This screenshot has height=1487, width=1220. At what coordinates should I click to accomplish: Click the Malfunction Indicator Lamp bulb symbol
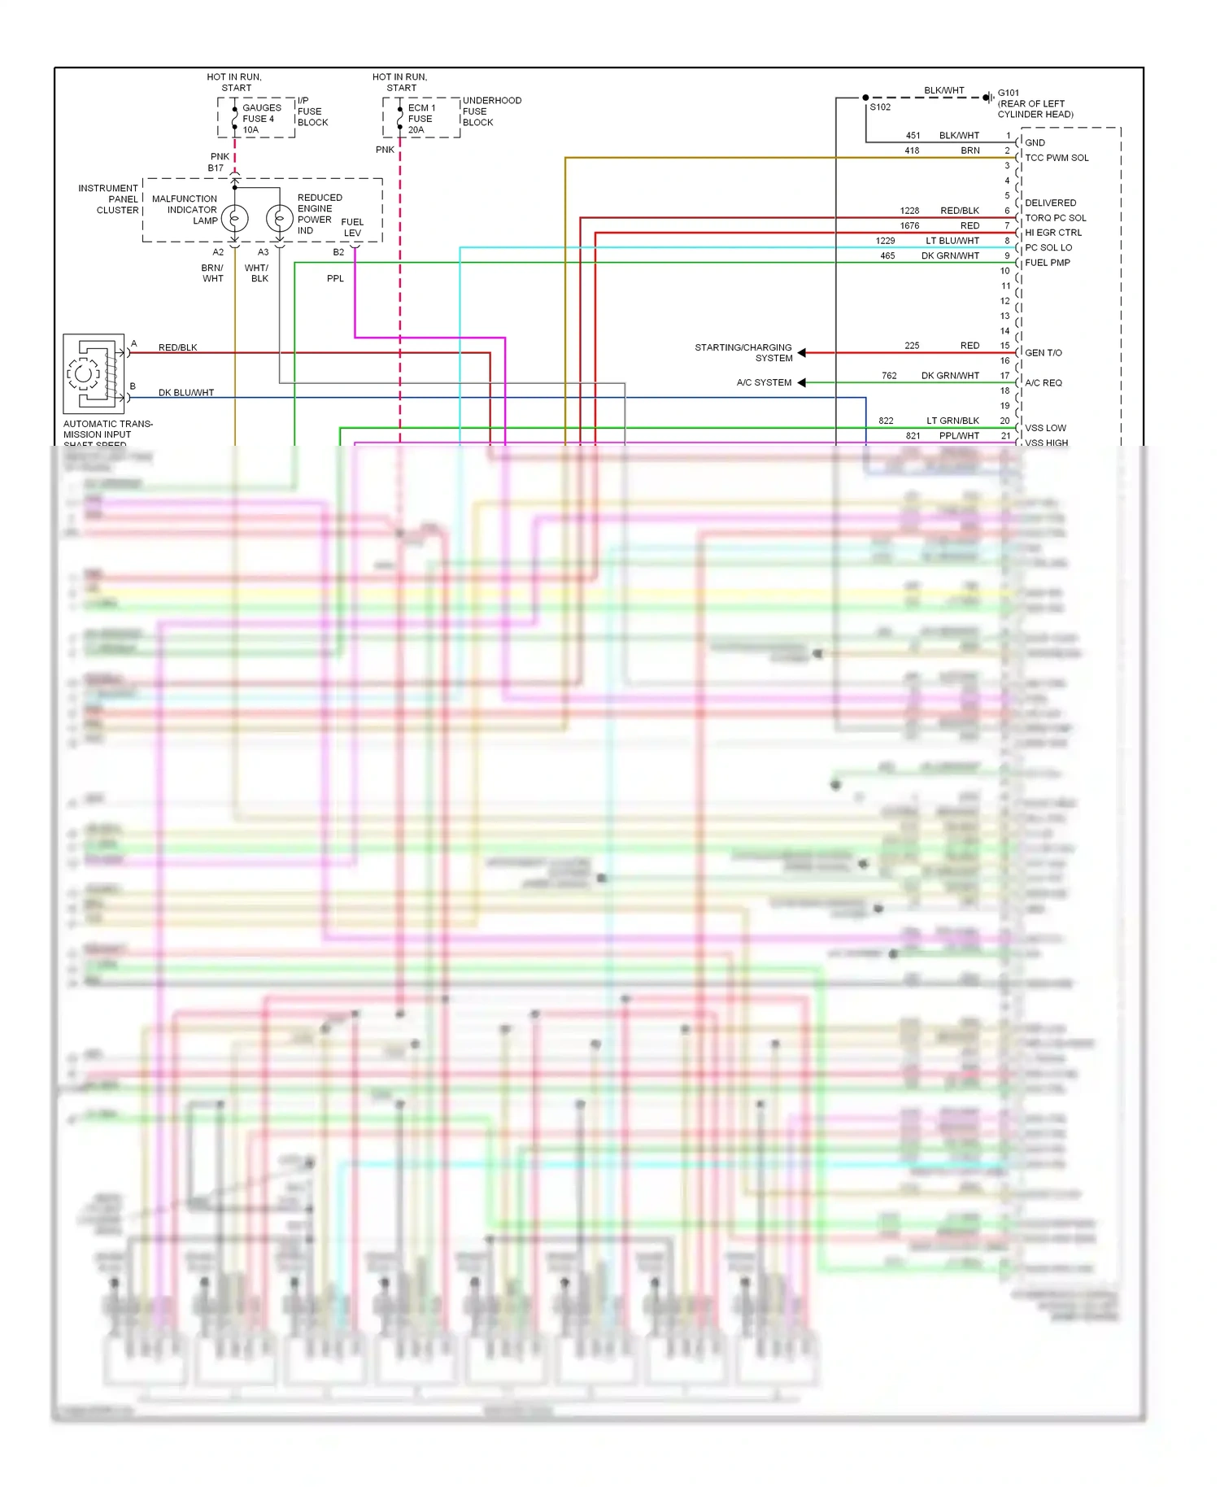[234, 219]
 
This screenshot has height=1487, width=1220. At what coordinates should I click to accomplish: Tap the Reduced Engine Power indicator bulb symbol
[279, 219]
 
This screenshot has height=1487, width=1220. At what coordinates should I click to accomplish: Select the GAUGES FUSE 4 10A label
[261, 119]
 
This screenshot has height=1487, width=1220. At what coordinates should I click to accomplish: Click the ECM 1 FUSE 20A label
[421, 119]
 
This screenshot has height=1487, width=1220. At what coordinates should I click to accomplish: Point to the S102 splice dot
[865, 98]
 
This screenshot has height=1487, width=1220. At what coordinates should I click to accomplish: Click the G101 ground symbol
[987, 98]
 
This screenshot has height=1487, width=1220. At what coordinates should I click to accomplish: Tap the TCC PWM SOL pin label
[1056, 158]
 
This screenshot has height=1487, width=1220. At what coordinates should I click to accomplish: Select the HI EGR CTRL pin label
[1052, 233]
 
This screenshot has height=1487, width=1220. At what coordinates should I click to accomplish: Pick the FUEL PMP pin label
[1047, 263]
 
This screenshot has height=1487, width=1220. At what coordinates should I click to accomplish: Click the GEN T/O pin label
[1043, 353]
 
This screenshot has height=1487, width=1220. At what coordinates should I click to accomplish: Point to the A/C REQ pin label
[1043, 383]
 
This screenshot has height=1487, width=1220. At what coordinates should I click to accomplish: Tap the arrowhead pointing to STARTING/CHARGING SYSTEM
[802, 352]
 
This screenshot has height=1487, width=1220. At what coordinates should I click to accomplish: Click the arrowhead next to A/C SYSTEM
[802, 382]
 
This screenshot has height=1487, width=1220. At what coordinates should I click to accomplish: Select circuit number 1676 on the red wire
[909, 226]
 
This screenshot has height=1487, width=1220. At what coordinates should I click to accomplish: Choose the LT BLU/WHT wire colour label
[952, 241]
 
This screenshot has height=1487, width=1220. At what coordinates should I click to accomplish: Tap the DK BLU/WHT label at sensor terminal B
[186, 393]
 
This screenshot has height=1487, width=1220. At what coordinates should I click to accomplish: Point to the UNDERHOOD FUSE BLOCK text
[491, 111]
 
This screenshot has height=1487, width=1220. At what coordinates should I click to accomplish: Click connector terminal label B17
[216, 168]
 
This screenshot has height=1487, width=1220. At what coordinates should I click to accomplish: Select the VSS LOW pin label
[1045, 428]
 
